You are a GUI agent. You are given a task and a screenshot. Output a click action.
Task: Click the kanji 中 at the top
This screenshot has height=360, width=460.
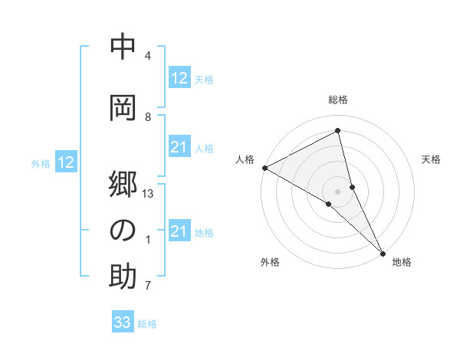[123, 47]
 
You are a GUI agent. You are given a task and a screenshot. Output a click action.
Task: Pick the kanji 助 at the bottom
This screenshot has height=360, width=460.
[123, 277]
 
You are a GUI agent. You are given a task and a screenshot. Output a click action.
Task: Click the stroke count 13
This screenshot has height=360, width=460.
[148, 194]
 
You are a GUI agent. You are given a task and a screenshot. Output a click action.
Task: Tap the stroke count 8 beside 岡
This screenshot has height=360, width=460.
[148, 116]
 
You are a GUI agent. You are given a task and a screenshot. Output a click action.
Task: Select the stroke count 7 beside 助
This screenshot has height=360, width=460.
[148, 286]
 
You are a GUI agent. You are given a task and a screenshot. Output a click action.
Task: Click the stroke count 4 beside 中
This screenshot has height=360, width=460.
[148, 56]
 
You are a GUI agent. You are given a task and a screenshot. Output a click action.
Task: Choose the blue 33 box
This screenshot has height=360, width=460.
[123, 322]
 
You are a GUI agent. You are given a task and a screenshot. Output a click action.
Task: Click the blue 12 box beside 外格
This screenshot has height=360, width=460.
[66, 162]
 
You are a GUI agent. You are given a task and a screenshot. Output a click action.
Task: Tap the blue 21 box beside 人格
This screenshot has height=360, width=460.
[179, 148]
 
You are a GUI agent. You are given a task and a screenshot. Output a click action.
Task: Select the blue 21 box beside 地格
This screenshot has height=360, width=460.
[179, 232]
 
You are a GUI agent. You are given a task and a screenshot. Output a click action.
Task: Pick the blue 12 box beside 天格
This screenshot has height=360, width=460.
[179, 78]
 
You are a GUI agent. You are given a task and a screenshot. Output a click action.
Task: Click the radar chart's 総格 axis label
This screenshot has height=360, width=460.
[338, 100]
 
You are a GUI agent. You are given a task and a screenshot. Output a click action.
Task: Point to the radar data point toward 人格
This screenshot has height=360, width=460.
[264, 167]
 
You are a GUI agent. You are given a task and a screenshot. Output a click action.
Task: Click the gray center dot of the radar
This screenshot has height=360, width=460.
[337, 190]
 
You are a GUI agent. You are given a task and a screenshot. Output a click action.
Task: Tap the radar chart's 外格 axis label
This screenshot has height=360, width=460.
[270, 262]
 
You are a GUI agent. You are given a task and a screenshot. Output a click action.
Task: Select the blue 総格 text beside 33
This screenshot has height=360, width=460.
[147, 324]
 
